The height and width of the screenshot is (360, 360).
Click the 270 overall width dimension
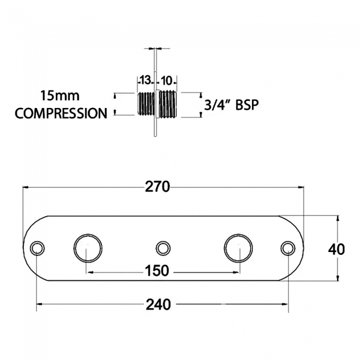pyautogui.click(x=157, y=187)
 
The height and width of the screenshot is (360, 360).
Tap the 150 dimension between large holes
pyautogui.click(x=157, y=271)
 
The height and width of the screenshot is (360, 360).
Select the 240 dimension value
pyautogui.click(x=158, y=305)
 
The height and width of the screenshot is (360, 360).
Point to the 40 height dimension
pyautogui.click(x=336, y=249)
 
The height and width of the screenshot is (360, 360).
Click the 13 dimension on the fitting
pyautogui.click(x=145, y=80)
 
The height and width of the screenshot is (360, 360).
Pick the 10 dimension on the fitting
pyautogui.click(x=167, y=81)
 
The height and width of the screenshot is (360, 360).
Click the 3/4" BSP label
pyautogui.click(x=232, y=105)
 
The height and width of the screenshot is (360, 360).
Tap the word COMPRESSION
pyautogui.click(x=61, y=113)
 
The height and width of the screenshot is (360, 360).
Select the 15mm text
pyautogui.click(x=60, y=95)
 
